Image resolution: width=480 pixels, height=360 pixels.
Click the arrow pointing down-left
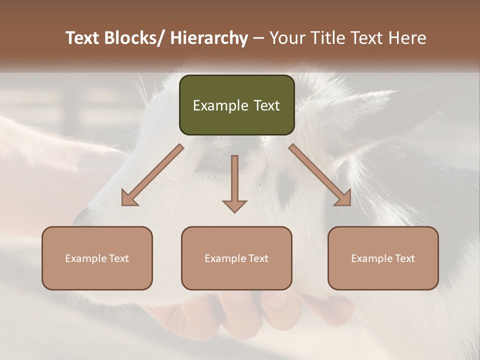[x=152, y=175]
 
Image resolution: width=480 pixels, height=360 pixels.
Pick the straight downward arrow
[x=234, y=182]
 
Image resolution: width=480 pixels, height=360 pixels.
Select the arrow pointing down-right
[x=320, y=175]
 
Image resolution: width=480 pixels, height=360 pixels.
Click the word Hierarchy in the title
[x=209, y=38]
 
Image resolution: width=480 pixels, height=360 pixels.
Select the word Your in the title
[x=286, y=38]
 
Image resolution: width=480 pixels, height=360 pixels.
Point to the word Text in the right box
[x=405, y=258]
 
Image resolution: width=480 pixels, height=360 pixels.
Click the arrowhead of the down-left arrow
[x=129, y=198]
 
